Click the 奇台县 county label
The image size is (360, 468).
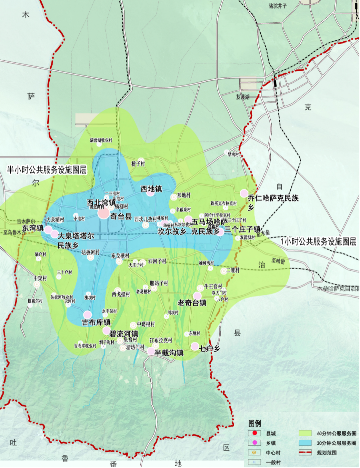pos(121,216)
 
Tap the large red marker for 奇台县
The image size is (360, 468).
pos(104,213)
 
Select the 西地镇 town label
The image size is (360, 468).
pos(151,189)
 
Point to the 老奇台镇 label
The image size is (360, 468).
pos(192,303)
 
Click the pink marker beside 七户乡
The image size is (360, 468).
pos(195,346)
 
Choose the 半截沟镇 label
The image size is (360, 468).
pos(169,353)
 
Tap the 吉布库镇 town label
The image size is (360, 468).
pos(96,322)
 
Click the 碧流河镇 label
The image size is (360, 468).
pos(124,334)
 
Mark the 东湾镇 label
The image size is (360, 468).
pos(33,228)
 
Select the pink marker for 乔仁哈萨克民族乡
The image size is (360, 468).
pos(244,193)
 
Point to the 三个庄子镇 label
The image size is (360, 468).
pos(242,229)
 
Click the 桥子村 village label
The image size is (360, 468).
pos(138,164)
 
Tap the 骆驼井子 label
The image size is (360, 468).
pos(278,6)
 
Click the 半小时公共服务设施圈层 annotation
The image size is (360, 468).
pos(47,170)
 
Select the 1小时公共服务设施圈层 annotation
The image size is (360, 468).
pos(318,242)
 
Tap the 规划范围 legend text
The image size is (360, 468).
pos(327,453)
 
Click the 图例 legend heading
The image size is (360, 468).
pos(255,424)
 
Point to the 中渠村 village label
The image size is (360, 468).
pos(40,278)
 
